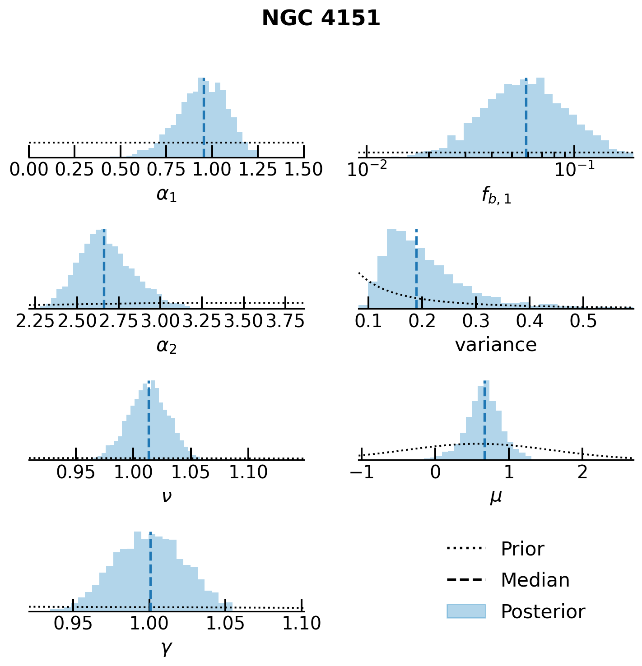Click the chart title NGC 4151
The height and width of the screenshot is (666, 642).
(x=321, y=19)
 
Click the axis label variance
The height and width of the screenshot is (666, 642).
(x=496, y=345)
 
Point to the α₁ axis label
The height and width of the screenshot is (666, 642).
(x=166, y=195)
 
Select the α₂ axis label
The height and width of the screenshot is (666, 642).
(x=166, y=346)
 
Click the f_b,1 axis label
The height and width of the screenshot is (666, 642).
(x=496, y=196)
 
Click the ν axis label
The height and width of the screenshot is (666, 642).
(x=166, y=496)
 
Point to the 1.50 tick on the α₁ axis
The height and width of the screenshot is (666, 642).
(x=303, y=170)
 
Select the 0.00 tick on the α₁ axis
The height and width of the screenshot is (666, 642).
(x=29, y=170)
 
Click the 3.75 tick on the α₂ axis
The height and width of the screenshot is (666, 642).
(x=285, y=321)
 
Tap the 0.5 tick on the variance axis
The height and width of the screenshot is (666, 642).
(x=583, y=321)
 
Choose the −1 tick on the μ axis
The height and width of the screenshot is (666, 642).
(x=361, y=472)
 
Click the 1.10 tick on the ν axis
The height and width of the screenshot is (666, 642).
(x=248, y=472)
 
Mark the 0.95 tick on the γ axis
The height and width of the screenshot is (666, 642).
(x=73, y=624)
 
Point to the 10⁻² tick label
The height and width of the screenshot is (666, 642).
(x=367, y=169)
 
